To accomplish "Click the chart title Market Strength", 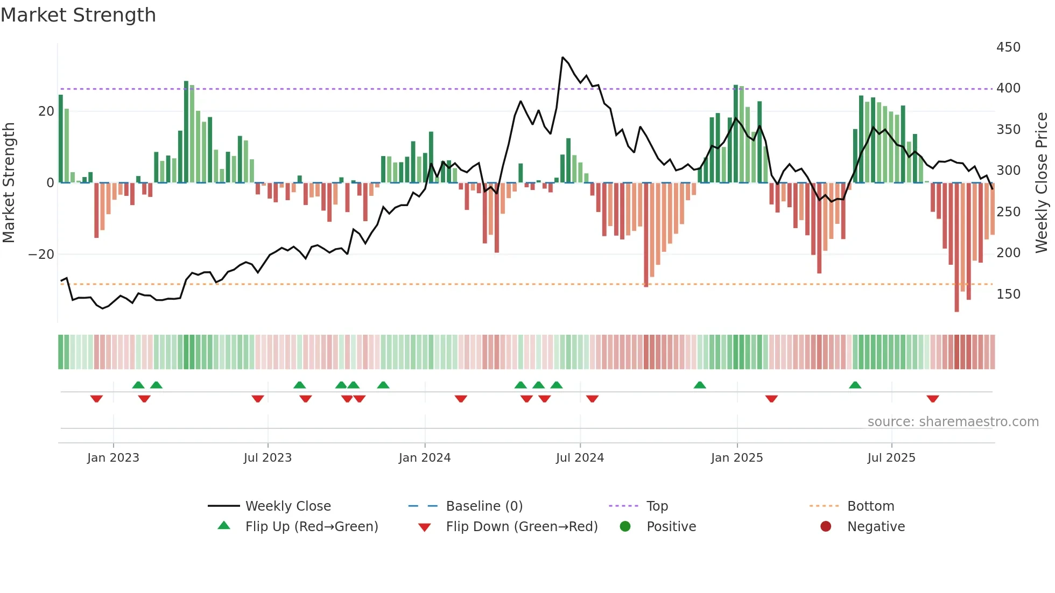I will click(x=78, y=15).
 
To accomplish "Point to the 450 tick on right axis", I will click(x=1008, y=47).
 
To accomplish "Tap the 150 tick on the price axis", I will click(x=1008, y=294).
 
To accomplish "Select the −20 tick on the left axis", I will click(x=41, y=254).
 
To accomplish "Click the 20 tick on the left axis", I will click(x=46, y=111).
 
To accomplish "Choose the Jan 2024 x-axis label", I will click(x=424, y=458).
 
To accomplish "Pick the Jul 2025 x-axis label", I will click(x=891, y=458).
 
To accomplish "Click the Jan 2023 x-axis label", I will click(x=113, y=458).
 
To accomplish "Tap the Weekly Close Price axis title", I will click(x=1042, y=182).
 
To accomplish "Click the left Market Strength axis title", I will click(x=9, y=182).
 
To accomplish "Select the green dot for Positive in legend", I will click(x=625, y=527).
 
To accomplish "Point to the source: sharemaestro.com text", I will click(x=953, y=422).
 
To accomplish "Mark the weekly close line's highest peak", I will click(x=562, y=57).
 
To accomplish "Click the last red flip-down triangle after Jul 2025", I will click(x=933, y=399).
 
